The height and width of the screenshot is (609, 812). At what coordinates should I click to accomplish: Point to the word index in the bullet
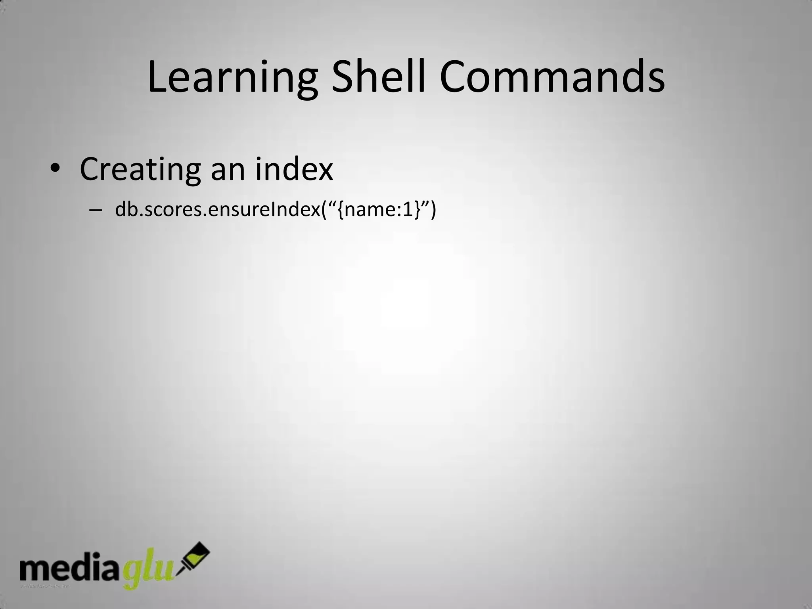(294, 169)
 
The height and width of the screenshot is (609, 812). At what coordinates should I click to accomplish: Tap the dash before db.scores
(96, 210)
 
